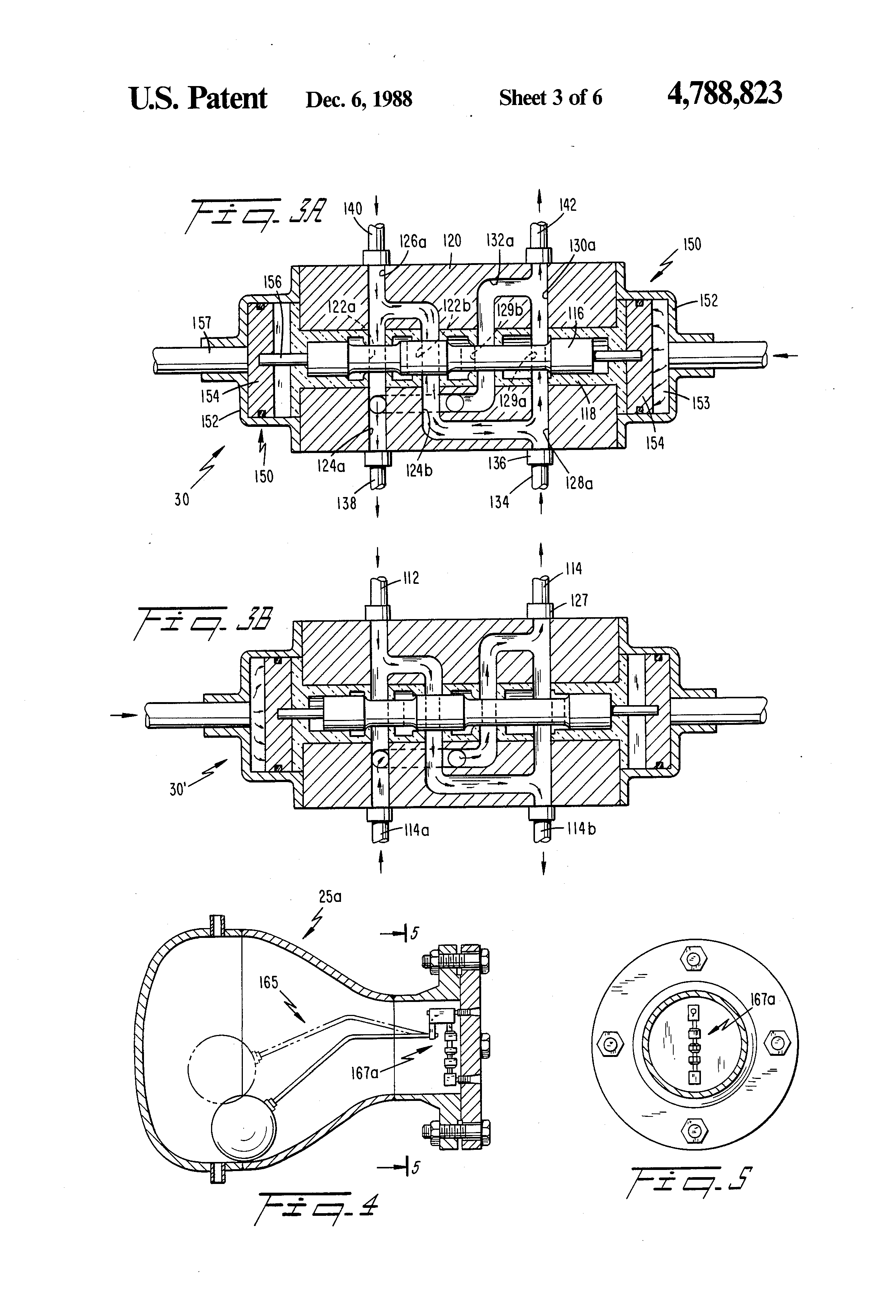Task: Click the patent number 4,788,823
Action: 724,93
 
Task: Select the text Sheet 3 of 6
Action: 550,98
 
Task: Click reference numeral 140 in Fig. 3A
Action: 352,209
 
